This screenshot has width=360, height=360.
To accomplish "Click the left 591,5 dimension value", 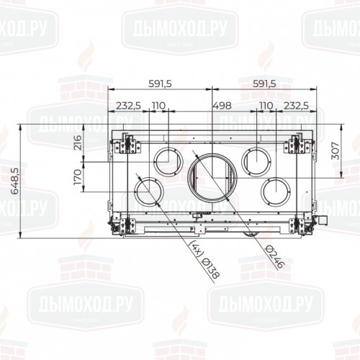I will coord(159,84).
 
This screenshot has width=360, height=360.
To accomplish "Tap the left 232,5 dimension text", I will coord(129,106).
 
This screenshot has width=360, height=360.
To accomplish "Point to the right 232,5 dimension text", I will coord(296,106).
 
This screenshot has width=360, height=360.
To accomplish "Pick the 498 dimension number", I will coord(222,106).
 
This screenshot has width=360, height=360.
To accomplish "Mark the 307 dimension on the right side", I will coord(336,153).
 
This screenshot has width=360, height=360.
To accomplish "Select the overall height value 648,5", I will coord(15,181).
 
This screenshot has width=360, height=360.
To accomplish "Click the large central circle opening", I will coord(212,177).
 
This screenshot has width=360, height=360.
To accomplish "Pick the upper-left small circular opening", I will coord(167,158).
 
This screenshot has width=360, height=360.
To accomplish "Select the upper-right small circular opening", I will coord(256,158).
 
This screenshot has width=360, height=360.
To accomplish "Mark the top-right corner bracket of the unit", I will coord(297,144).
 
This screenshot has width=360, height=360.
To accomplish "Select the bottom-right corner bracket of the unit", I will coord(297,225).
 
